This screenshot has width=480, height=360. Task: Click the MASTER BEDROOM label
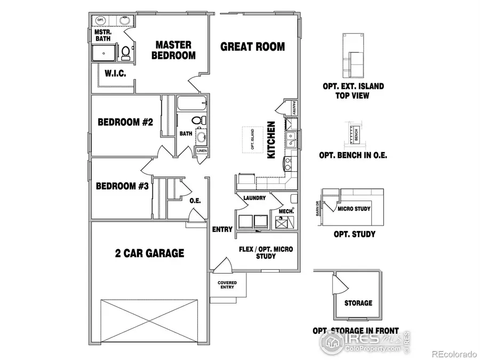coord(173,50)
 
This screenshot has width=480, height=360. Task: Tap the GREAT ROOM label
coord(253,46)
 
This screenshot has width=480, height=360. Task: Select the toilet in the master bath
coord(126,53)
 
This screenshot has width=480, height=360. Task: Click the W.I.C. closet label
coord(115,74)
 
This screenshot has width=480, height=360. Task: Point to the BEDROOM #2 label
coord(125,122)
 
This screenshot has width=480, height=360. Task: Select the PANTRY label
coord(293,108)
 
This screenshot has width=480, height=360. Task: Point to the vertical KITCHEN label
coord(271,140)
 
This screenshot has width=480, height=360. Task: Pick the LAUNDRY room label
coord(254,198)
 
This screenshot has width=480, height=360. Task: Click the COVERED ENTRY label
coord(227,285)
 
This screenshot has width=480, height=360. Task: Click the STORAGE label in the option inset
coord(358,303)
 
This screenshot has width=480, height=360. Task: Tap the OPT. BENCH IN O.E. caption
coord(353,156)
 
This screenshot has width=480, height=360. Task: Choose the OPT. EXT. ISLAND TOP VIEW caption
coord(353,91)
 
